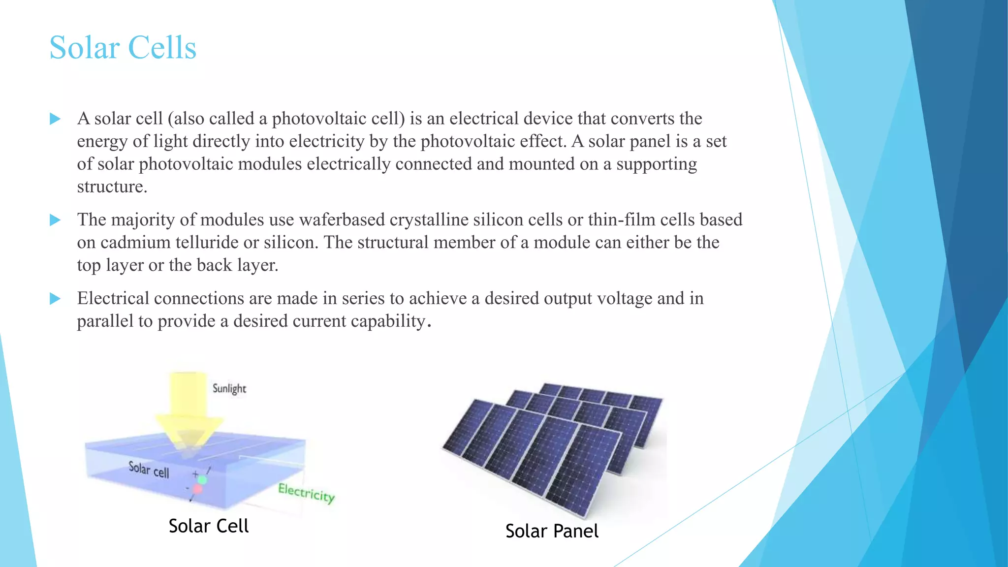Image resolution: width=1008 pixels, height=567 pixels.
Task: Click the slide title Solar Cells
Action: click(123, 48)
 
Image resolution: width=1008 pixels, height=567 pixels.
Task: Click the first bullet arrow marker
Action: click(55, 119)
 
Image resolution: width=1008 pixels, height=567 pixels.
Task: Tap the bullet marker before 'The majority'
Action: click(55, 220)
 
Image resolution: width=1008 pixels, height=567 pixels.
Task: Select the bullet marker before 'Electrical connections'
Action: click(55, 299)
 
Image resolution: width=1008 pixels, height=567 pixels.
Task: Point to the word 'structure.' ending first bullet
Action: click(112, 187)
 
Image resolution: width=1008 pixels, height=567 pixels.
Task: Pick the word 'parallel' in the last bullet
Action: click(105, 321)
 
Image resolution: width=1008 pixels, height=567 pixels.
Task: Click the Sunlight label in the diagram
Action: click(229, 388)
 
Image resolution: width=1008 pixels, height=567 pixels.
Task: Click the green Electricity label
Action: click(306, 492)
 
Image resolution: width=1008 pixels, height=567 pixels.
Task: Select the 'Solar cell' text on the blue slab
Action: click(149, 470)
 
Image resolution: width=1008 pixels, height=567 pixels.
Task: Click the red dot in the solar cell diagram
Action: click(197, 489)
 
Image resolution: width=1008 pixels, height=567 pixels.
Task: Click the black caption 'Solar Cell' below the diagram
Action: click(208, 526)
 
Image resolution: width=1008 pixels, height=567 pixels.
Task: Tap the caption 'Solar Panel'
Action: click(552, 531)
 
